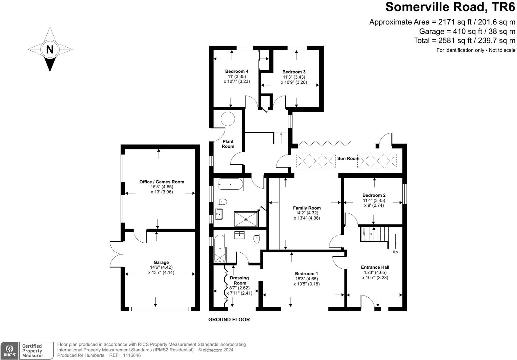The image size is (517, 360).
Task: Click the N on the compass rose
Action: tap(50, 50)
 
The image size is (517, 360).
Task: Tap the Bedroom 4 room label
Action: tap(237, 71)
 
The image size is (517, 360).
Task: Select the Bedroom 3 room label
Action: tap(294, 72)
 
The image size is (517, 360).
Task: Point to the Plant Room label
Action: tap(228, 144)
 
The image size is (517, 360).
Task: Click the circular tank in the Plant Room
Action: tap(228, 118)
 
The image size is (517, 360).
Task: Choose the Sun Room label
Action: tap(348, 159)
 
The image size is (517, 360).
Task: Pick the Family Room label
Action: tap(307, 208)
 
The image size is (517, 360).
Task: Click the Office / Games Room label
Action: tap(162, 182)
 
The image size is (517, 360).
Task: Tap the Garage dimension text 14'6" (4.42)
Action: tap(161, 267)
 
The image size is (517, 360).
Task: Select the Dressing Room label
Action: tap(240, 280)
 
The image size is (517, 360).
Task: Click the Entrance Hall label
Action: tap(375, 267)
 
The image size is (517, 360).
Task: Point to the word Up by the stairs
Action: tap(395, 252)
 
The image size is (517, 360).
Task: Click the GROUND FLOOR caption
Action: tap(229, 320)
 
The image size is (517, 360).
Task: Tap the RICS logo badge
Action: tap(10, 351)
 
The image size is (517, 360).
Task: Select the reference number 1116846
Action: tap(132, 356)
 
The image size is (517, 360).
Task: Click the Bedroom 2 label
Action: tap(374, 195)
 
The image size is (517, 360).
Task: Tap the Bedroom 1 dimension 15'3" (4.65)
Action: tap(306, 279)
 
